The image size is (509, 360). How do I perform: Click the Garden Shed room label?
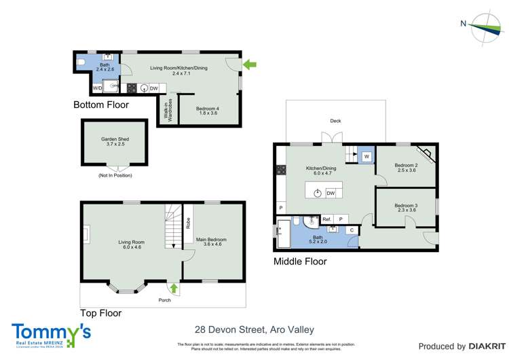(x=115, y=142)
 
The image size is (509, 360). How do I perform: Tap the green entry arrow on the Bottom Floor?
(x=250, y=65)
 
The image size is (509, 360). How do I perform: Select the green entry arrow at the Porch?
(x=174, y=288)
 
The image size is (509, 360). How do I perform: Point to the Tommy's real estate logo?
(x=51, y=334)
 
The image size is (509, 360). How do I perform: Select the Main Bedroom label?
(x=212, y=242)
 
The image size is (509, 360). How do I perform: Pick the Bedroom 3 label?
(x=406, y=208)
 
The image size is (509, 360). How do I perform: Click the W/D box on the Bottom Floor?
(x=98, y=88)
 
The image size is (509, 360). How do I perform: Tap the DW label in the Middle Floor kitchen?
(x=331, y=194)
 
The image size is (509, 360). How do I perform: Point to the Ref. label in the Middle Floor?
(x=326, y=219)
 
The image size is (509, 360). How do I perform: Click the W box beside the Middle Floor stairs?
(x=366, y=157)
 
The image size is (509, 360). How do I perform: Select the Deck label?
(x=335, y=121)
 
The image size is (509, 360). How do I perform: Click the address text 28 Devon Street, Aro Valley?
(x=254, y=329)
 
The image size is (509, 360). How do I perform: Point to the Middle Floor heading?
(x=299, y=262)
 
